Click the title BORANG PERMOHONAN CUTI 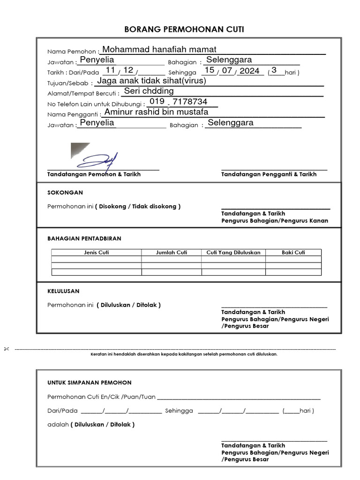pyautogui.click(x=184, y=30)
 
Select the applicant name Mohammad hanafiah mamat pyautogui.click(x=159, y=50)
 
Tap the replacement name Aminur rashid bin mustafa pyautogui.click(x=156, y=112)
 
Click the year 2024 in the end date pyautogui.click(x=249, y=71)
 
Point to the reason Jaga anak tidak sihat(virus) pyautogui.click(x=151, y=81)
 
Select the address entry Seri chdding pyautogui.click(x=149, y=91)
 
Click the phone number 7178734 pyautogui.click(x=190, y=102)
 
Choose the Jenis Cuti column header pyautogui.click(x=96, y=252)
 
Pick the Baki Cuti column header pyautogui.click(x=293, y=252)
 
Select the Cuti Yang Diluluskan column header pyautogui.click(x=233, y=252)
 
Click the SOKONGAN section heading pyautogui.click(x=65, y=193)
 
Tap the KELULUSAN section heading pyautogui.click(x=63, y=291)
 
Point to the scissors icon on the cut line pyautogui.click(x=7, y=349)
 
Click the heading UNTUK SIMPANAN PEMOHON pyautogui.click(x=90, y=382)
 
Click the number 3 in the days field pyautogui.click(x=274, y=70)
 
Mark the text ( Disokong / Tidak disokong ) pyautogui.click(x=138, y=206)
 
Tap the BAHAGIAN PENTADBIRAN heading pyautogui.click(x=84, y=239)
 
